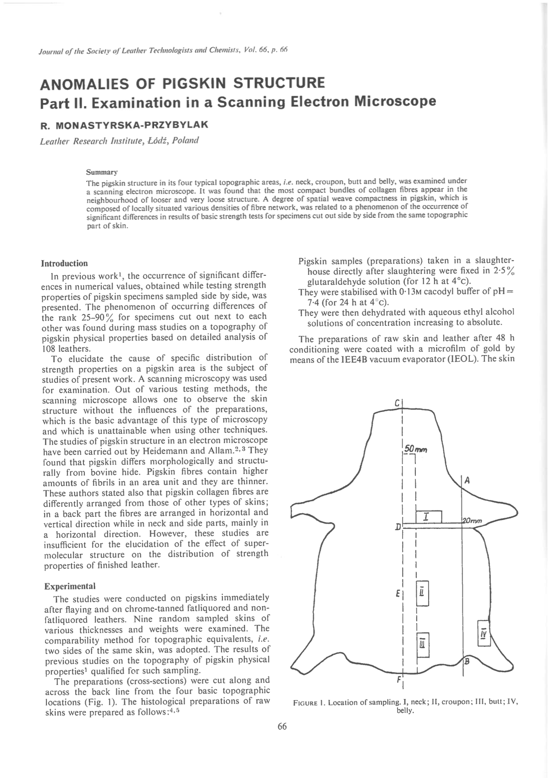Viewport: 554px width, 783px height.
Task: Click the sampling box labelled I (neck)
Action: [429, 516]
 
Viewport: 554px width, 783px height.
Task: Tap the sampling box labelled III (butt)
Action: [423, 644]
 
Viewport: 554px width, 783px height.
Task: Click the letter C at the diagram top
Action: [398, 403]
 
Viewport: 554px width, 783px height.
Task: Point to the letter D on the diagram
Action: [398, 527]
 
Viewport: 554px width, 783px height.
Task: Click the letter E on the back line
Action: [398, 594]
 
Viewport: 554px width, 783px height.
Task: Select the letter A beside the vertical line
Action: [467, 480]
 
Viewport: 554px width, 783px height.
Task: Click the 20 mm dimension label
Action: [471, 521]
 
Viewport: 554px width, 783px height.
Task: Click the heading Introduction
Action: [64, 263]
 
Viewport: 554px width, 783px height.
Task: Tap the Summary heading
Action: [102, 173]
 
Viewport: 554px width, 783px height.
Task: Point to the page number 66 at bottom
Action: [282, 726]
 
